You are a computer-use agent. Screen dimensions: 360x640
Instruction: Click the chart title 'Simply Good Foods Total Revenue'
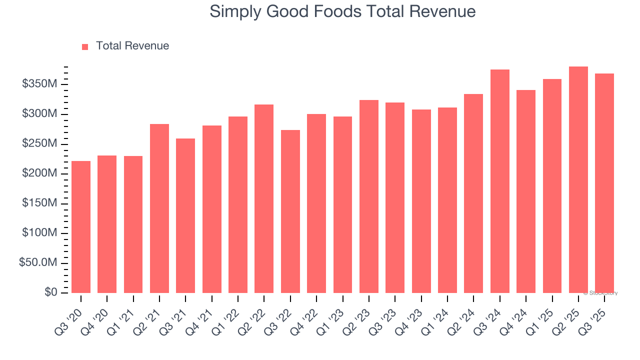click(342, 11)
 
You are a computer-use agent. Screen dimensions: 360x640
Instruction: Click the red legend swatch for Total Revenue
click(85, 46)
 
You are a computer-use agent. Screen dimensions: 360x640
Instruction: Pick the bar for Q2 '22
click(264, 198)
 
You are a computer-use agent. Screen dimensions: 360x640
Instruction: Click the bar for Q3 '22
click(290, 211)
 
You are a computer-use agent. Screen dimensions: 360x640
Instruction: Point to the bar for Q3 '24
click(499, 181)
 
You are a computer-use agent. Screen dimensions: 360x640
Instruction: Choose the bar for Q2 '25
click(578, 179)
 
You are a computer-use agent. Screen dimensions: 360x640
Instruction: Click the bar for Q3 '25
click(604, 183)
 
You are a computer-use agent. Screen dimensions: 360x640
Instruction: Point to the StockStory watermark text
click(600, 293)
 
